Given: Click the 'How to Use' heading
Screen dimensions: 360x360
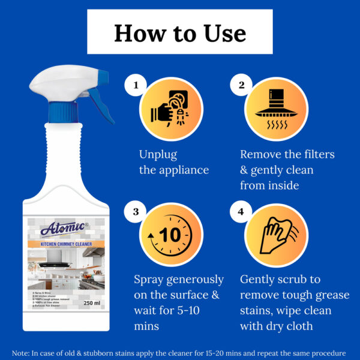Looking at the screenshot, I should [x=180, y=32].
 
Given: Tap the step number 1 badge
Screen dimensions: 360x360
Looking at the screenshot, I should [x=136, y=86].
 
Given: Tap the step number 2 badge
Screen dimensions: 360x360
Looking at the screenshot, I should [x=242, y=86].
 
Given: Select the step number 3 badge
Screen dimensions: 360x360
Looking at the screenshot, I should [x=136, y=212].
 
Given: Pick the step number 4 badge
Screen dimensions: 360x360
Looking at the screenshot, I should [x=242, y=212].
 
